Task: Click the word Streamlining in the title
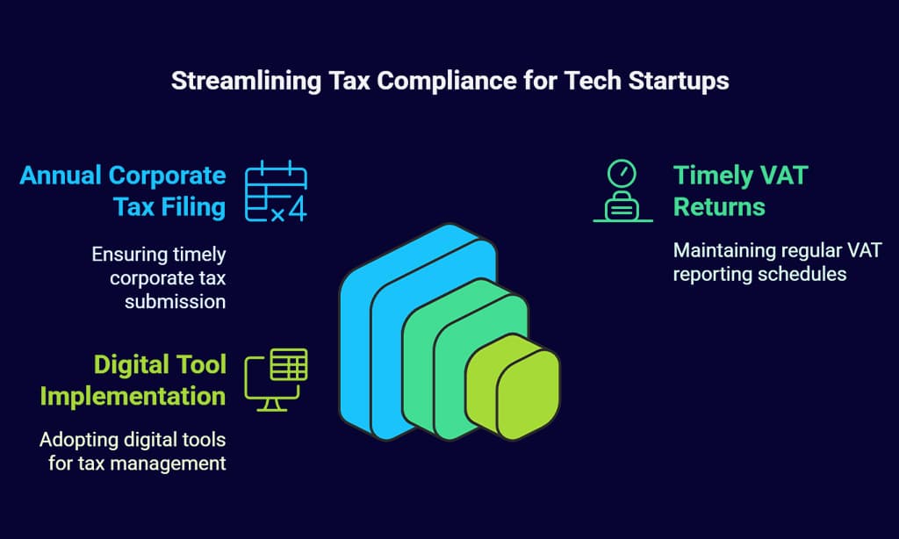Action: [247, 81]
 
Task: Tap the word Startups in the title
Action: [679, 81]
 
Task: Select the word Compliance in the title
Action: [447, 81]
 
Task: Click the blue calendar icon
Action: [276, 191]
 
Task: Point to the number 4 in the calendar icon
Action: [297, 209]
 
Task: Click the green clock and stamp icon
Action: [622, 191]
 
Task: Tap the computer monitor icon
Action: [276, 379]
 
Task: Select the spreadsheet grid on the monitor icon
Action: [289, 364]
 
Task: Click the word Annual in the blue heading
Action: [61, 176]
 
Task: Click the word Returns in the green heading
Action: [719, 207]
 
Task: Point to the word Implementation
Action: [133, 396]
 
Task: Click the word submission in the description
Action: [175, 302]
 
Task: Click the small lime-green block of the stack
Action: [513, 386]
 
